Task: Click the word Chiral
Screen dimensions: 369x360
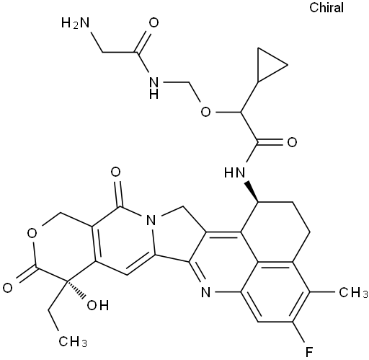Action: click(326, 7)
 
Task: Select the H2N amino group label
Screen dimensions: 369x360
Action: click(75, 23)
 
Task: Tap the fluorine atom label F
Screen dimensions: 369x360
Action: click(309, 351)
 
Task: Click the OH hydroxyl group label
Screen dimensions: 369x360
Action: click(98, 305)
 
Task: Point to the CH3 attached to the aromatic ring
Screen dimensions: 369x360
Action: click(353, 293)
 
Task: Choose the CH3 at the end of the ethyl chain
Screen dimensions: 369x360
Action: click(73, 341)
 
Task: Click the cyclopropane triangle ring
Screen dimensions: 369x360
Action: click(268, 64)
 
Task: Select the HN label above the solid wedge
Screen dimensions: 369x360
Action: click(235, 172)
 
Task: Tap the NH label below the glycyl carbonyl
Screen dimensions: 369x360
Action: click(154, 88)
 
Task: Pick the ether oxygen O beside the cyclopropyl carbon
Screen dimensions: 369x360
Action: click(205, 112)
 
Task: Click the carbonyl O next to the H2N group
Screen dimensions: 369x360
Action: click(154, 23)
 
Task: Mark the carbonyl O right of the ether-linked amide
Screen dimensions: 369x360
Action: click(292, 142)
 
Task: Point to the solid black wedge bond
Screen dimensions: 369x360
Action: click(252, 192)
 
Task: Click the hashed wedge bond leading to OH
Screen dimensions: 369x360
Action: click(75, 290)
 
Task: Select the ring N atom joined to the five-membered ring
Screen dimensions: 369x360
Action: click(151, 221)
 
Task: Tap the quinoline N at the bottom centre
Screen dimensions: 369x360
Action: click(205, 293)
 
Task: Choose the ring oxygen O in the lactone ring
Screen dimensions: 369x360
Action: click(32, 233)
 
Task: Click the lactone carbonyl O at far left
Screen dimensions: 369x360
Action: click(8, 288)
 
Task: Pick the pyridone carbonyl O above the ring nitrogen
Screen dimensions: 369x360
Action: click(115, 172)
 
